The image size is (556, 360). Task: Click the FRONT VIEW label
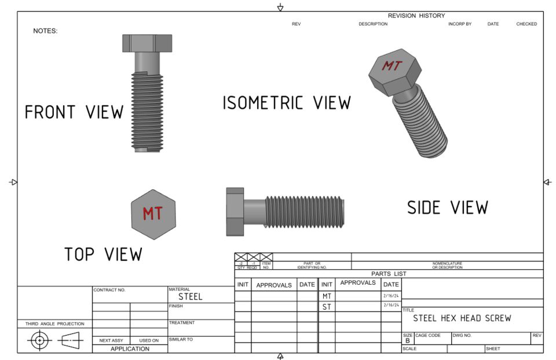74,112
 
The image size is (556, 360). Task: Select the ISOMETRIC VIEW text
287,103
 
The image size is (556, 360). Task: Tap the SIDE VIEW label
447,207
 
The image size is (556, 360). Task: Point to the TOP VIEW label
103,254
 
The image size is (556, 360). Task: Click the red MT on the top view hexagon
153,214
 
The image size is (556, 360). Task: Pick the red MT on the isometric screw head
392,66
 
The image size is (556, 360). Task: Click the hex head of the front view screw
147,43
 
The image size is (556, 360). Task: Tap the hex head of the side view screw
235,211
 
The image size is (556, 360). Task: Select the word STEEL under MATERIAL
190,296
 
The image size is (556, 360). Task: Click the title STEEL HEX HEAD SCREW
462,318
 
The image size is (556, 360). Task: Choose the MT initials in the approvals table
327,296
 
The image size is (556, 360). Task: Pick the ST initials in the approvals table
327,307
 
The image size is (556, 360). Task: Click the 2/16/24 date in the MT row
391,296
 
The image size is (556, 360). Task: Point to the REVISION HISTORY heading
416,16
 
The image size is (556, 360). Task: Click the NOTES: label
45,31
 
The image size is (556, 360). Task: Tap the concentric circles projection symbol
39,341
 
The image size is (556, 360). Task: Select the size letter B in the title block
407,341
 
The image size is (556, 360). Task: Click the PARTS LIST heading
389,274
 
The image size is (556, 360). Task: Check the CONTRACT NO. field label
109,290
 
